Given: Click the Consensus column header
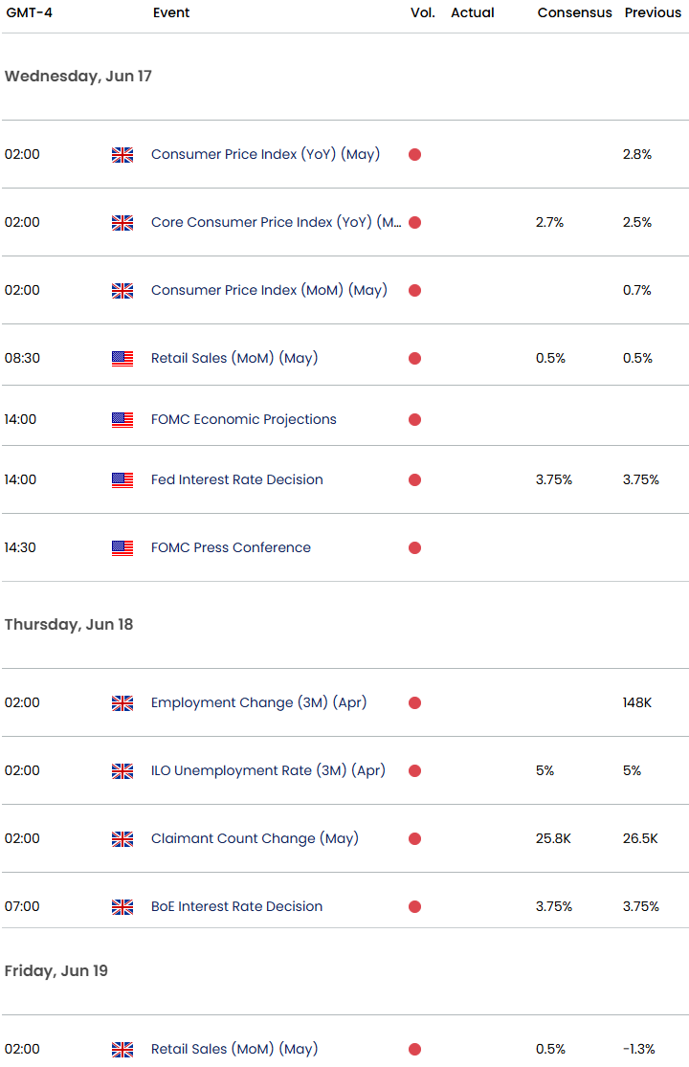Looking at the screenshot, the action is pos(574,13).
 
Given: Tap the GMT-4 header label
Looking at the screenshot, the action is pos(30,13).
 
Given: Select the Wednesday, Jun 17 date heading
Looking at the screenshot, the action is pos(78,76).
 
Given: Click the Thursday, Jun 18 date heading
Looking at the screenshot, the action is pos(69,624).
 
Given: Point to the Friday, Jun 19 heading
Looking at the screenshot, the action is pos(56,970).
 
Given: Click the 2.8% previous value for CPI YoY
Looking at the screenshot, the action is pos(636,154).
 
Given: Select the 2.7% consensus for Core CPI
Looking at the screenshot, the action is pos(549,223).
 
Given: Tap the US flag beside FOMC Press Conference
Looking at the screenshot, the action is pos(122,547).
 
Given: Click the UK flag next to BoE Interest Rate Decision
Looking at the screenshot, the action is pos(122,906).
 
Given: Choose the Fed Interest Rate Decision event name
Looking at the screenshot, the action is pos(236,479).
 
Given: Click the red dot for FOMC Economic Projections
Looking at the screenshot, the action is pos(415,419).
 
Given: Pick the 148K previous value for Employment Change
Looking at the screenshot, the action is pos(636,702).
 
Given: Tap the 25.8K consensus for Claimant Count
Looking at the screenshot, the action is pos(553,838).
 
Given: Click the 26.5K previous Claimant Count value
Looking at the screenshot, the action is pos(640,838).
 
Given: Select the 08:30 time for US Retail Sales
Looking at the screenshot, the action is pos(22,358).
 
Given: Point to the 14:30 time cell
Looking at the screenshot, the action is pos(20,547).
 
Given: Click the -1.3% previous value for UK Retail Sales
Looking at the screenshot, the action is pos(638,1049).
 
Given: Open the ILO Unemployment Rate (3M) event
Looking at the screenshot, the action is pos(268,770).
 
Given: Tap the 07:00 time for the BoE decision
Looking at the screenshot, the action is pos(22,906).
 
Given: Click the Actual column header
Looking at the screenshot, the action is pos(472,13).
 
